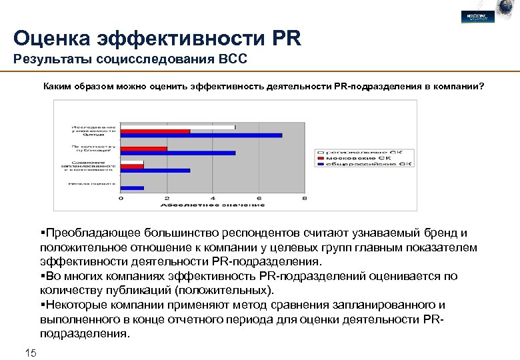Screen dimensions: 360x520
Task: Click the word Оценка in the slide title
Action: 55,37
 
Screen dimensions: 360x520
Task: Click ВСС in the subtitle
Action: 232,60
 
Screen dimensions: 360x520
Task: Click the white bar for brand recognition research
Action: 178,127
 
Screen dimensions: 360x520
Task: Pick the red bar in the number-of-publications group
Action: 144,149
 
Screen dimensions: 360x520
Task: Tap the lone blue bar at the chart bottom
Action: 132,188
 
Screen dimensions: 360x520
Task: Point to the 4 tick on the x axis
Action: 213,199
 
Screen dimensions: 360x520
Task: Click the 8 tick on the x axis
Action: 304,199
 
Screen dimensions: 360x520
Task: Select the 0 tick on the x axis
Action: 121,199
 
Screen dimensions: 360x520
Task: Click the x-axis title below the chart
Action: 213,206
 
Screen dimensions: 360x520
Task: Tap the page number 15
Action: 30,352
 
